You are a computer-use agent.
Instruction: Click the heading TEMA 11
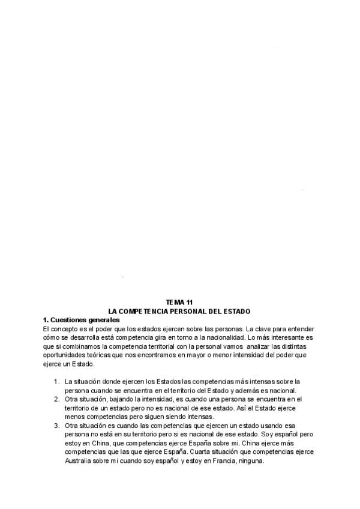(x=179, y=303)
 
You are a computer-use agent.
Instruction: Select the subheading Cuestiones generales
(x=85, y=319)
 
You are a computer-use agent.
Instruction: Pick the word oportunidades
(x=65, y=355)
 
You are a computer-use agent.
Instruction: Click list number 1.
(x=56, y=381)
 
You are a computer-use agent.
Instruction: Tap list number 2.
(x=56, y=399)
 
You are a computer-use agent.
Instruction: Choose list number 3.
(x=56, y=426)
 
